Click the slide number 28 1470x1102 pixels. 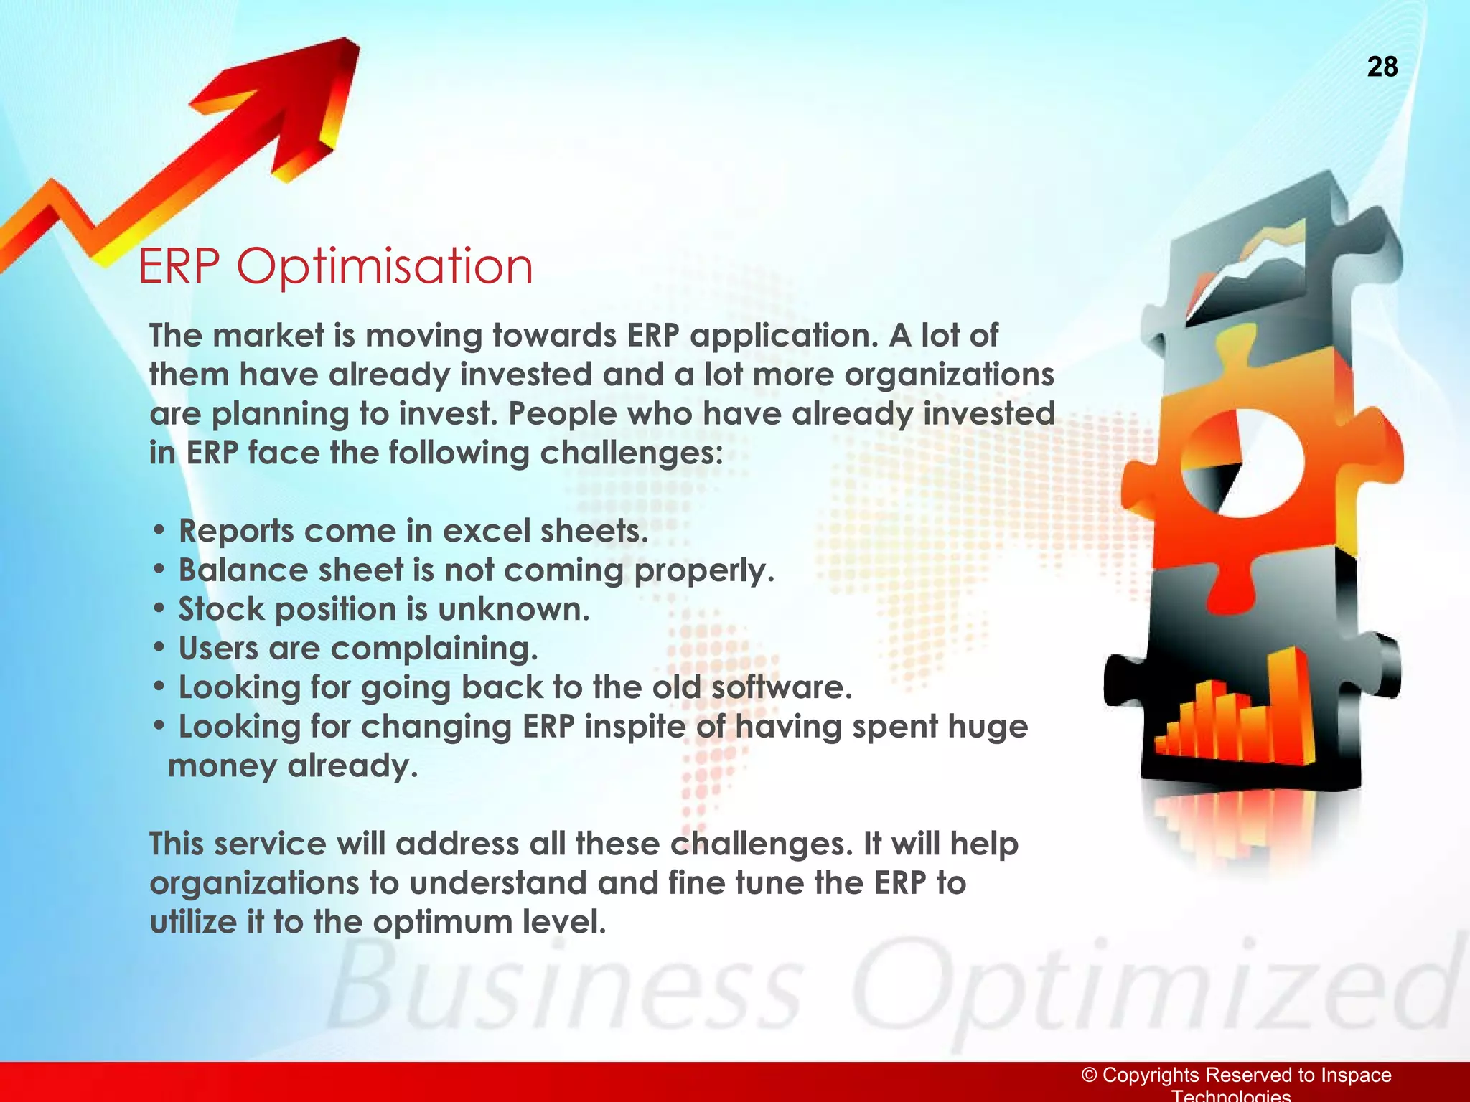(x=1382, y=67)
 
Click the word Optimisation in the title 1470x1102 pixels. (x=385, y=267)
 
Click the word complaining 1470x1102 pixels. (x=434, y=649)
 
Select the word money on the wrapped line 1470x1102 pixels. (x=222, y=766)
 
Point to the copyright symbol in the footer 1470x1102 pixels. (x=1090, y=1075)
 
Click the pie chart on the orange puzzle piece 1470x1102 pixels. (x=1242, y=463)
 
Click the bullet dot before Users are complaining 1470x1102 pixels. (x=159, y=649)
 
